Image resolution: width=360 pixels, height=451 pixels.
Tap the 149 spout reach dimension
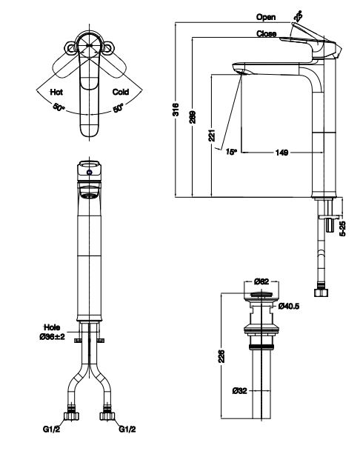pos(281,152)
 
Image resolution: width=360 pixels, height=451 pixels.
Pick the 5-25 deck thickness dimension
pos(341,227)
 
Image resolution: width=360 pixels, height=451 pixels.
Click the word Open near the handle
pos(266,16)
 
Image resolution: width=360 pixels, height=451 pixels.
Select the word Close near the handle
pos(266,34)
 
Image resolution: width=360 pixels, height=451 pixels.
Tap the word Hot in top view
pos(56,93)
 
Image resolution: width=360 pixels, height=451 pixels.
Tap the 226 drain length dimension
pos(223,355)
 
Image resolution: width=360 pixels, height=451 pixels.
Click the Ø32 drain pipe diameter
pos(239,390)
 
